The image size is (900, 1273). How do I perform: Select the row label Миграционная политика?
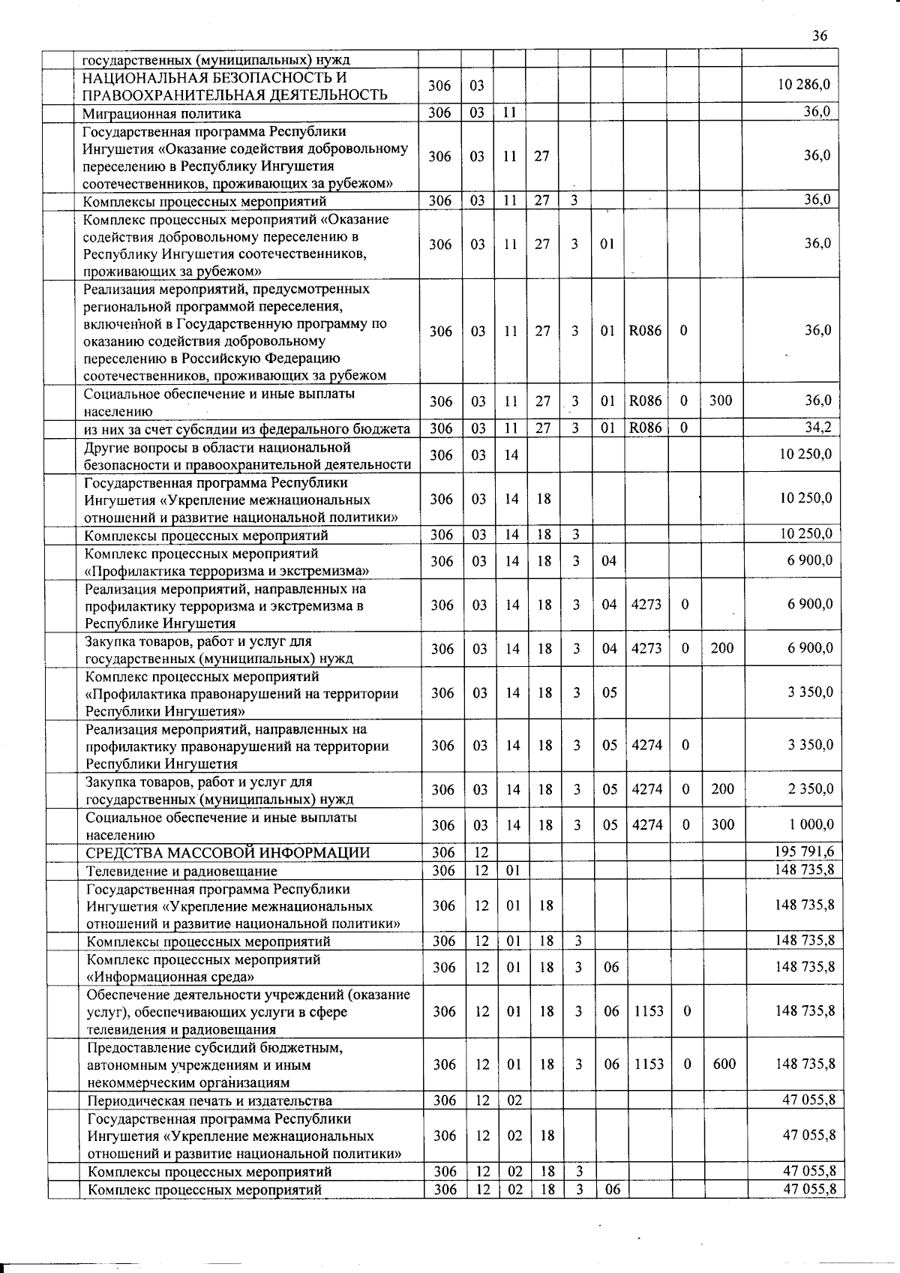(x=163, y=114)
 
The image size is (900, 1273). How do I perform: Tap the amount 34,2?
(x=817, y=428)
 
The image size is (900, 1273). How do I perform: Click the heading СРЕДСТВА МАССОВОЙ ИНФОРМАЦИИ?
(x=228, y=853)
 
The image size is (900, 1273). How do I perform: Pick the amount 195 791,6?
(x=804, y=852)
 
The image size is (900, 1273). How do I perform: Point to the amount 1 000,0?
(x=811, y=824)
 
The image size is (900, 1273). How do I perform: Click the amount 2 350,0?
(x=811, y=789)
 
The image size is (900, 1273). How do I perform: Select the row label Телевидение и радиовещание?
(x=182, y=871)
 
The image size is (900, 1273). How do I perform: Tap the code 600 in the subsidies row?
(x=724, y=1064)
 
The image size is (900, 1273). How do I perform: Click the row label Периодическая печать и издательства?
(x=210, y=1100)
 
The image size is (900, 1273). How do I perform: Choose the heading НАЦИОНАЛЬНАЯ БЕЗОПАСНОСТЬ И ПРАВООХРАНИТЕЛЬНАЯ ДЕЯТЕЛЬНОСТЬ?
(x=235, y=86)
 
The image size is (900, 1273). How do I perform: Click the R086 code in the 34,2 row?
(x=646, y=428)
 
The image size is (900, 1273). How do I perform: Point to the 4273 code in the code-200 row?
(x=646, y=649)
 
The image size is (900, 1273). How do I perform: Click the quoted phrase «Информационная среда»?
(x=170, y=977)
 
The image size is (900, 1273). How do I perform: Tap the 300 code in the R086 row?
(x=721, y=401)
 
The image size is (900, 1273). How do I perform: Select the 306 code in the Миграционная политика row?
(x=440, y=113)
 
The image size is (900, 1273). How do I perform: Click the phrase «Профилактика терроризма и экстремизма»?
(x=227, y=571)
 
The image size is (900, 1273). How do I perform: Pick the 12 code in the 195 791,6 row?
(x=481, y=852)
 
